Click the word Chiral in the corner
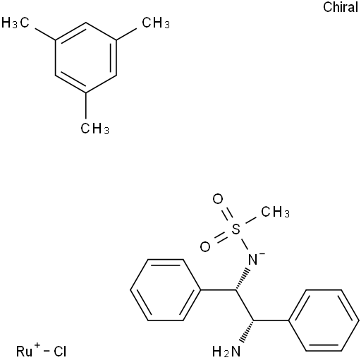(x=341, y=7)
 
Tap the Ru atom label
(x=25, y=352)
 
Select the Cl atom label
(x=60, y=352)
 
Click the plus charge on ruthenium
(x=37, y=346)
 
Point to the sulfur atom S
(x=236, y=229)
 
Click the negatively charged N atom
(x=253, y=259)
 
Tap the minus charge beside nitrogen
(x=262, y=253)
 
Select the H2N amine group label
(x=226, y=352)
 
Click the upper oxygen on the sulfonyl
(x=218, y=199)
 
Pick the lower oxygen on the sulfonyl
(x=205, y=247)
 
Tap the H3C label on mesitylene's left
(x=16, y=23)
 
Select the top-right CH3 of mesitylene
(x=156, y=23)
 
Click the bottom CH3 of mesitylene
(x=94, y=128)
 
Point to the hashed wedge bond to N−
(x=243, y=279)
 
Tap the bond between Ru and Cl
(x=47, y=352)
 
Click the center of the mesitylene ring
(x=86, y=58)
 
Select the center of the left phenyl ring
(x=166, y=290)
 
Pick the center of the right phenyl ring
(x=324, y=320)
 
